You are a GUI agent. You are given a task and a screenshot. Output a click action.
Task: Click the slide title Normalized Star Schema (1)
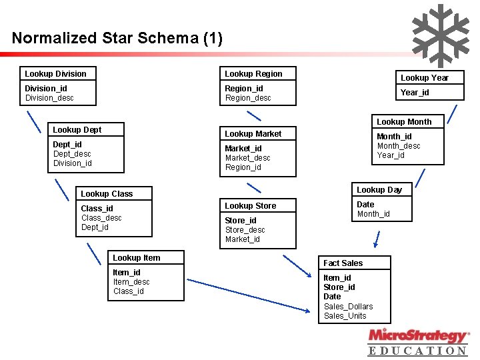pos(117,38)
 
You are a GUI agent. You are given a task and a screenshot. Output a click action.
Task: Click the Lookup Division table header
pos(56,73)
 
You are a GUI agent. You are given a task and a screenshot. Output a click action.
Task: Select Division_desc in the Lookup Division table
pos(49,98)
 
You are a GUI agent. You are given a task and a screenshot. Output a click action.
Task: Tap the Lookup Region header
pos(253,73)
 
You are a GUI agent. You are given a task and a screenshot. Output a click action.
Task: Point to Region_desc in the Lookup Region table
pos(248,98)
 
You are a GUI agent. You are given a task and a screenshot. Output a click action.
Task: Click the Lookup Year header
pos(424,78)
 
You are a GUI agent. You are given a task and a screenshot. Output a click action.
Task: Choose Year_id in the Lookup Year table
pos(415,93)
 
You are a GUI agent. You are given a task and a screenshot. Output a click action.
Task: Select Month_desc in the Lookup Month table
pos(399,146)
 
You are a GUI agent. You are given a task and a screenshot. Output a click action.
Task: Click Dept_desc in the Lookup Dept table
pos(72,154)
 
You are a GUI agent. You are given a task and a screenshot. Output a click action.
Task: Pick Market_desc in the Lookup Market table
pos(247,158)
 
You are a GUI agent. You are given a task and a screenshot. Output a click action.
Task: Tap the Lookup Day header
pos(379,190)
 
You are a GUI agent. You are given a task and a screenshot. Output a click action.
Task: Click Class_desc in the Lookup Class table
pos(101,218)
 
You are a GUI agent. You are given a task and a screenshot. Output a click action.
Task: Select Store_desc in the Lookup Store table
pos(245,230)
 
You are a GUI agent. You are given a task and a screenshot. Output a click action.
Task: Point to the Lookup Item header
pos(136,258)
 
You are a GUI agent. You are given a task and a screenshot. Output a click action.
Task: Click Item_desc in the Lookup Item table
pos(131,282)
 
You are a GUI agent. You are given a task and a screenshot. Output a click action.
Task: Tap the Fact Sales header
pos(343,263)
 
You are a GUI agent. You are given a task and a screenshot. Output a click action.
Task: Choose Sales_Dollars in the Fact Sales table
pos(348,307)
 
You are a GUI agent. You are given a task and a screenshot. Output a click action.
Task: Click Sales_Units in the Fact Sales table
pos(345,316)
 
